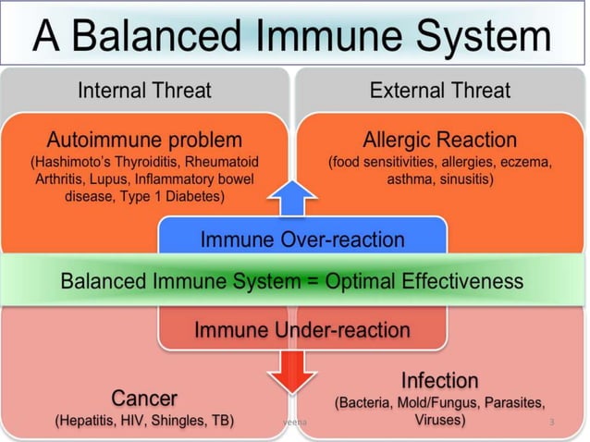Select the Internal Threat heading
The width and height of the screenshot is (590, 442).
point(144,91)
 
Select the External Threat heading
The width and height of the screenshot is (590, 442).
point(439,91)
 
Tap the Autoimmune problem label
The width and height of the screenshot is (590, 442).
point(144,141)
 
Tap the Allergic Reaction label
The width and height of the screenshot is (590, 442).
point(439,141)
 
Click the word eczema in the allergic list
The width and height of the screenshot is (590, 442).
point(529,163)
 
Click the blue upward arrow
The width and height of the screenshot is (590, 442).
point(295,197)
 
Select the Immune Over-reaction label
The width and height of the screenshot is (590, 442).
point(302,240)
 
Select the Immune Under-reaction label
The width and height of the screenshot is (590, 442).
point(301,330)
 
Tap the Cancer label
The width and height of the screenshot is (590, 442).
point(144,399)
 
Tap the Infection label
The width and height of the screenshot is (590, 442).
point(439,381)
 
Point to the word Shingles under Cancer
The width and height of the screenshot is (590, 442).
point(177,421)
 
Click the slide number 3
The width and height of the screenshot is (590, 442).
point(551,422)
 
